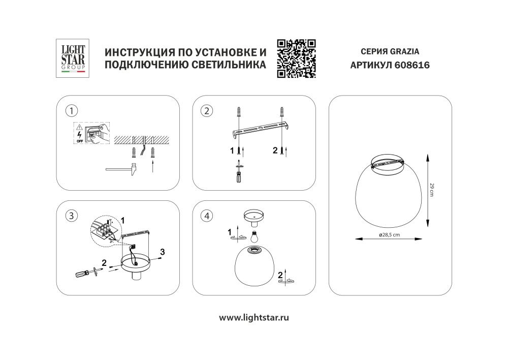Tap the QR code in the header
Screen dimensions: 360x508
[x=297, y=58]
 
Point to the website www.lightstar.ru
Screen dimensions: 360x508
[x=254, y=317]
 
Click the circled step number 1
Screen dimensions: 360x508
[x=73, y=110]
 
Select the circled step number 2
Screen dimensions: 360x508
[x=206, y=110]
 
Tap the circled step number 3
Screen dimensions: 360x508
[x=73, y=216]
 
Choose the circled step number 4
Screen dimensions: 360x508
[x=206, y=216]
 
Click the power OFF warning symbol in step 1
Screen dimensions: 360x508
[x=79, y=133]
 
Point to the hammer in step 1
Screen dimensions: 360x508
[x=122, y=169]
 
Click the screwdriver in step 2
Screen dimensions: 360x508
[x=238, y=171]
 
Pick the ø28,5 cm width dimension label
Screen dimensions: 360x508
[x=389, y=234]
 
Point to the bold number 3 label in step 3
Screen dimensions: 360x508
[x=162, y=252]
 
